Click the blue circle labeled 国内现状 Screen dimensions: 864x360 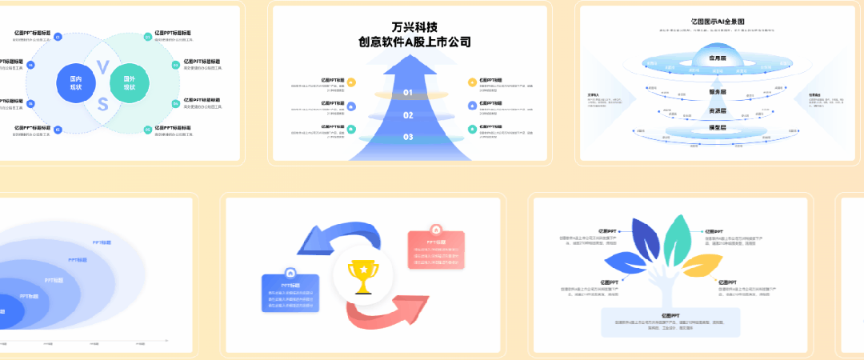[76, 80]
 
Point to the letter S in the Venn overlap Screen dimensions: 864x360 [102, 104]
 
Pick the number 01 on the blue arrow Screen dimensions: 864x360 [408, 93]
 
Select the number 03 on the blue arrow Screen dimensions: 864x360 [408, 138]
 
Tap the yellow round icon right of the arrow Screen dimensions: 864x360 [473, 82]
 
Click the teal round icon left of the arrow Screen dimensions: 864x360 [351, 130]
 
